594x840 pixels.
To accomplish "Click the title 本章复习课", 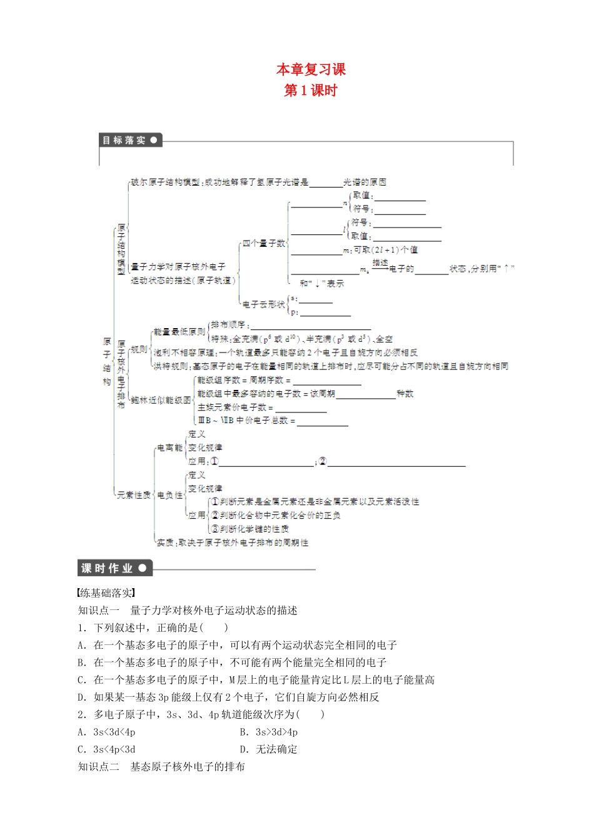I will click(311, 69).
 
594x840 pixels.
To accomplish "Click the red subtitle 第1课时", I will click(311, 91).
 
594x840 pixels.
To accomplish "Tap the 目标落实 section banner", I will click(130, 140).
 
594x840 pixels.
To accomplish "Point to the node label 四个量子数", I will click(263, 243).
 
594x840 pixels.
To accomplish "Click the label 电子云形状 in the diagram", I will click(263, 304).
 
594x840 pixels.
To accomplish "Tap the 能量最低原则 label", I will click(179, 332).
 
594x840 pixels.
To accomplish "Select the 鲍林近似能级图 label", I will click(161, 400).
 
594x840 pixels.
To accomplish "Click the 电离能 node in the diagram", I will click(169, 447).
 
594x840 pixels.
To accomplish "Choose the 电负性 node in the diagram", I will click(169, 495).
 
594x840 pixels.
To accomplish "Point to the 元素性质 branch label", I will click(134, 495).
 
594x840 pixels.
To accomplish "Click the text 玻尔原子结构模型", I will click(165, 182).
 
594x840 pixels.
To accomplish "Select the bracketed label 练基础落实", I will click(106, 593).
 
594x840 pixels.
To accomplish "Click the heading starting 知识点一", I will click(187, 611).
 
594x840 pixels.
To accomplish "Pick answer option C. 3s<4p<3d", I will click(106, 749).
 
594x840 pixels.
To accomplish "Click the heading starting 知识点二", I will click(161, 767).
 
